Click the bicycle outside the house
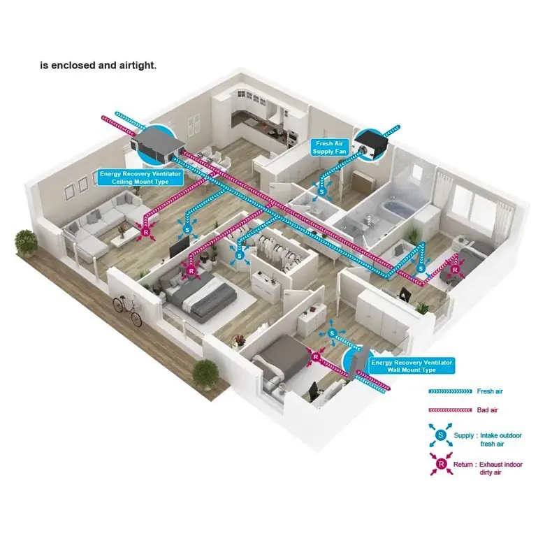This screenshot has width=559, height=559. tap(127, 310)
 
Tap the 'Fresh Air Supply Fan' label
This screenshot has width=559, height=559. tap(329, 147)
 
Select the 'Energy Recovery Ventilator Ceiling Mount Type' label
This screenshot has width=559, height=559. tap(140, 177)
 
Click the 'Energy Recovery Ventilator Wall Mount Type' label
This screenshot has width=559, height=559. tap(412, 366)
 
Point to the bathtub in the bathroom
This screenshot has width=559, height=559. tap(395, 208)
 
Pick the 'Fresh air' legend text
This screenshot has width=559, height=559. tap(490, 391)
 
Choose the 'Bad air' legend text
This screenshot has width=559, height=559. tap(487, 410)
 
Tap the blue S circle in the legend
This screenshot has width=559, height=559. tap(441, 435)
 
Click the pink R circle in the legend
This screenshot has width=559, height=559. tap(442, 464)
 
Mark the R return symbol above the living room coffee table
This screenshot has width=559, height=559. tap(145, 233)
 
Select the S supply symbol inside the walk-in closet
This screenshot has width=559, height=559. tap(240, 255)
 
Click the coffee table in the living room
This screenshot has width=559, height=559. tap(124, 240)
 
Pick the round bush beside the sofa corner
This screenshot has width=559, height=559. tap(26, 242)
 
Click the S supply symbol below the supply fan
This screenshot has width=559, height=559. tap(322, 191)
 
